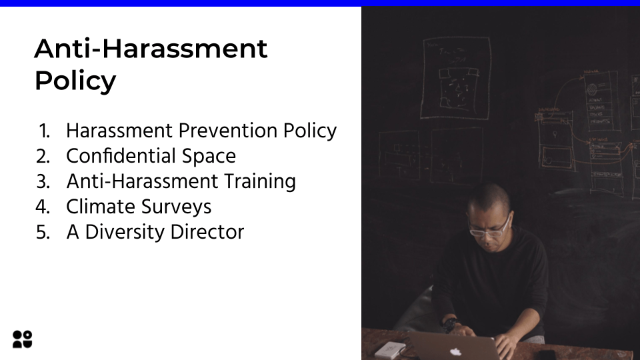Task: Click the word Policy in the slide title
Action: (75, 81)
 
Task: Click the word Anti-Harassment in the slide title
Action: (151, 49)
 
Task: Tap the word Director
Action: (213, 232)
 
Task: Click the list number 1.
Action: (45, 131)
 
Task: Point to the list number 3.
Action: (43, 181)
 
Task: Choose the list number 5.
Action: (43, 233)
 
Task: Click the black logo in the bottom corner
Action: (22, 339)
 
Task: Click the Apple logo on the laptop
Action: (455, 350)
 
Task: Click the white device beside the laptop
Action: (389, 350)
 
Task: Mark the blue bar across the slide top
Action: (320, 3)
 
